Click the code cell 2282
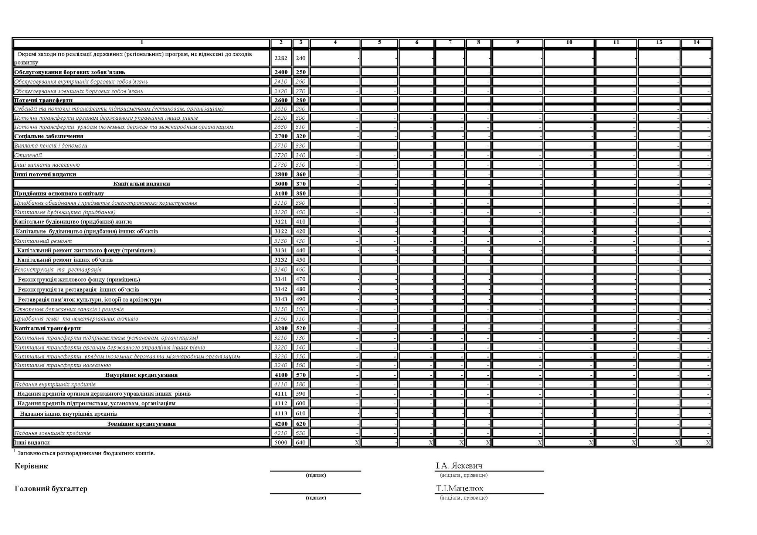click(281, 58)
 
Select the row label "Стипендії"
click(28, 155)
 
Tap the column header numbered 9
click(517, 42)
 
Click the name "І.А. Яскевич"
click(459, 466)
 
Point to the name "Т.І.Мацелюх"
click(460, 488)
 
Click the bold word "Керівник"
click(31, 466)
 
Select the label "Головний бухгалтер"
click(51, 489)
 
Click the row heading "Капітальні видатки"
click(142, 184)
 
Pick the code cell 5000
click(281, 443)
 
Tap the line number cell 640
click(301, 443)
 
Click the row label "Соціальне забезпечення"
click(49, 136)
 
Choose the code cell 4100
click(281, 375)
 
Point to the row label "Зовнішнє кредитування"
click(142, 424)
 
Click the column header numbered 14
click(696, 42)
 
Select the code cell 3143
click(281, 299)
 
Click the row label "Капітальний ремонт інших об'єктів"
click(65, 260)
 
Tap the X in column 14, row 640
click(708, 443)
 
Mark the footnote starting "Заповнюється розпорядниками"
click(86, 453)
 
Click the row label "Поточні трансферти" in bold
click(43, 100)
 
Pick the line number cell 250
click(301, 72)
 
